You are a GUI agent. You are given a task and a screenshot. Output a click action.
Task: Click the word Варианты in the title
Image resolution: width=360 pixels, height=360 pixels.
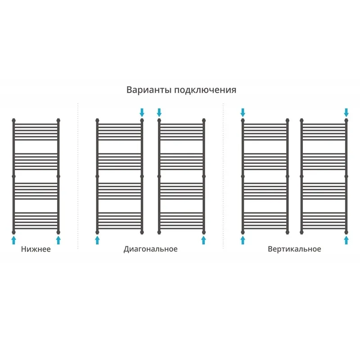pyautogui.click(x=149, y=90)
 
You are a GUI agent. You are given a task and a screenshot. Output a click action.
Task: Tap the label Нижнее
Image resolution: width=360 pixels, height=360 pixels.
pyautogui.click(x=36, y=249)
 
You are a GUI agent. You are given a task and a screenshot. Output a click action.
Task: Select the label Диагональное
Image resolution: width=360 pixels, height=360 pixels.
pyautogui.click(x=151, y=249)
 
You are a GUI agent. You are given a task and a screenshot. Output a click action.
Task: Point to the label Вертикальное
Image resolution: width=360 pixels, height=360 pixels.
pyautogui.click(x=294, y=249)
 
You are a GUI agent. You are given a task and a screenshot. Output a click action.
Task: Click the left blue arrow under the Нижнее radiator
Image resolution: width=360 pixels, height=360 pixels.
pyautogui.click(x=14, y=240)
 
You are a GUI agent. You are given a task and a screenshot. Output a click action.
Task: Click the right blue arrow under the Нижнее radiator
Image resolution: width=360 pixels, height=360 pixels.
pyautogui.click(x=58, y=240)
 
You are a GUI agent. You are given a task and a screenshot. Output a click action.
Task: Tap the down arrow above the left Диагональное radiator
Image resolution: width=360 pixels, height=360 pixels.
pyautogui.click(x=142, y=112)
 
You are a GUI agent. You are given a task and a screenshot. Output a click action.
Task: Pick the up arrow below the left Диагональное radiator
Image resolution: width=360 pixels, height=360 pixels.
pyautogui.click(x=97, y=240)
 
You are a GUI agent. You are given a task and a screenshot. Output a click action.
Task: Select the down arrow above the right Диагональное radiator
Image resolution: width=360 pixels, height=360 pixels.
pyautogui.click(x=159, y=112)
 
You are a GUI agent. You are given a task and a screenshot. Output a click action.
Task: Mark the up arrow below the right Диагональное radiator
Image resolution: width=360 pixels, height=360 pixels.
pyautogui.click(x=204, y=240)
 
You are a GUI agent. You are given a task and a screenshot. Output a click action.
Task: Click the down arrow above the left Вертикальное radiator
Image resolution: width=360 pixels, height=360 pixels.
pyautogui.click(x=243, y=112)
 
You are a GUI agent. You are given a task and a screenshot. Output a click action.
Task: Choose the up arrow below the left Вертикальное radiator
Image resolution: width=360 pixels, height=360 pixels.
pyautogui.click(x=243, y=240)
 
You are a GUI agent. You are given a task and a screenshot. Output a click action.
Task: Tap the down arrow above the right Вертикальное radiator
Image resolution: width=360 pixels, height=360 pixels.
pyautogui.click(x=346, y=112)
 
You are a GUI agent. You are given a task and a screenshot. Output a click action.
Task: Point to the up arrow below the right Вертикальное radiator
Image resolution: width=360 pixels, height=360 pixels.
pyautogui.click(x=346, y=240)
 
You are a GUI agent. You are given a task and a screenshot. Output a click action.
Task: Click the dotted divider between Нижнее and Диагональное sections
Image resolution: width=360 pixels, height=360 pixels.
pyautogui.click(x=78, y=176)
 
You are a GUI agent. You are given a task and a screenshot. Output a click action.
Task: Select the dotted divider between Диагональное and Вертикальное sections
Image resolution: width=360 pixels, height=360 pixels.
pyautogui.click(x=223, y=176)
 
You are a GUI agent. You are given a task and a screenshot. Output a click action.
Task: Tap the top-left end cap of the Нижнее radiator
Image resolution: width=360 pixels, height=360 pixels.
pyautogui.click(x=14, y=120)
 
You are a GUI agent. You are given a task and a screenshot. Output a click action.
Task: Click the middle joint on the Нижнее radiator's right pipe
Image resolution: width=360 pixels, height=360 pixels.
pyautogui.click(x=58, y=176)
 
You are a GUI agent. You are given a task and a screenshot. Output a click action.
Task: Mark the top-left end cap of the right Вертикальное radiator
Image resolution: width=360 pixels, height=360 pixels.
pyautogui.click(x=301, y=120)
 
